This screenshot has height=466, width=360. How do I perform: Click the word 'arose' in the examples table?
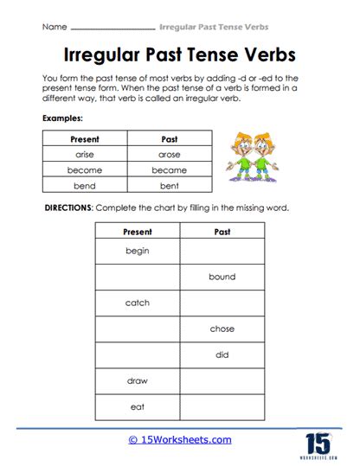coord(169,154)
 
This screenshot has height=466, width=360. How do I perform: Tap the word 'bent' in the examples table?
coord(169,186)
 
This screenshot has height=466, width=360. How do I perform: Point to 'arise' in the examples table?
coord(84,154)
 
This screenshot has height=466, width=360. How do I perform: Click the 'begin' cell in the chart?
coord(137,251)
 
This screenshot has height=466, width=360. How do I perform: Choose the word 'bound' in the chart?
coord(222,277)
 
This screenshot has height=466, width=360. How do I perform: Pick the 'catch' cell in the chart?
coord(137,303)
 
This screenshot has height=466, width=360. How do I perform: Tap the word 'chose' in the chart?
coord(222,329)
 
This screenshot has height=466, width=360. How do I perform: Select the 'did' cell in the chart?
coord(222,354)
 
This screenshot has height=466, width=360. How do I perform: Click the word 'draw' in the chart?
coord(137,380)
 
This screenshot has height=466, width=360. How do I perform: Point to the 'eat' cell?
coord(137,406)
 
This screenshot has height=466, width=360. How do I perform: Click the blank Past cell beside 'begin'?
coord(222,251)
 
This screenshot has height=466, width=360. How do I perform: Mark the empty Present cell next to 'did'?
coord(137,354)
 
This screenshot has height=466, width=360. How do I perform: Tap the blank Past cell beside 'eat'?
coord(222,406)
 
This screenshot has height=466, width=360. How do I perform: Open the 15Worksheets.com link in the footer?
coord(181,440)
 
